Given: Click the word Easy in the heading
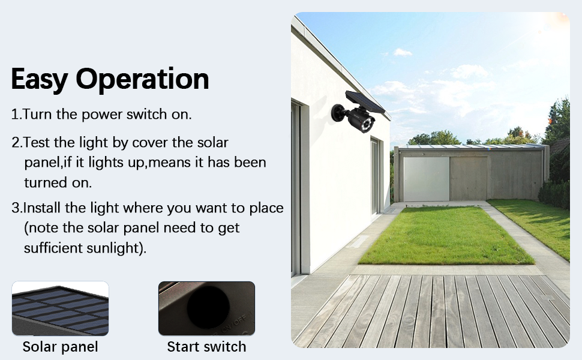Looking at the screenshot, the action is click(x=40, y=79).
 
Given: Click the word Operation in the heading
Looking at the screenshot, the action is click(x=143, y=79).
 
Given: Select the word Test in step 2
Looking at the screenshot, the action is click(x=37, y=142).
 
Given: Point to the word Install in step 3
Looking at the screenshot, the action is click(x=43, y=208).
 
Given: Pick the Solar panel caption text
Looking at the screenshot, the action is click(x=60, y=347).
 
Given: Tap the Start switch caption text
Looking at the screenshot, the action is click(x=206, y=347).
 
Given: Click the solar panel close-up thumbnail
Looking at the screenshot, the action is click(x=60, y=308).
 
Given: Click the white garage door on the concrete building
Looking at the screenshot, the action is click(x=427, y=179).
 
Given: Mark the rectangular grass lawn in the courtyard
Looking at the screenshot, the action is click(x=446, y=235).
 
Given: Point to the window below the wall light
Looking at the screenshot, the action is click(x=375, y=176).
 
